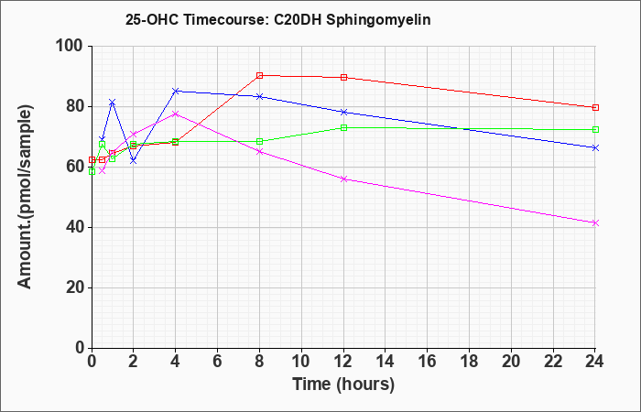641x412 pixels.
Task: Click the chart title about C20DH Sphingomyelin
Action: click(278, 19)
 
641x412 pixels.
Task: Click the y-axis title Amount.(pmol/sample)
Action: click(26, 197)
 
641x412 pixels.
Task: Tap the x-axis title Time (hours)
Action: click(343, 385)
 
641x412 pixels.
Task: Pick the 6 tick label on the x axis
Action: click(218, 362)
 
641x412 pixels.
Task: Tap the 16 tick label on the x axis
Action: click(428, 362)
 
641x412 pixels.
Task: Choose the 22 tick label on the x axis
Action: click(553, 362)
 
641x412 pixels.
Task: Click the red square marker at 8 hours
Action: click(259, 76)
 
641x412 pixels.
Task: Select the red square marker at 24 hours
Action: click(595, 107)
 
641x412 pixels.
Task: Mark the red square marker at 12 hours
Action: click(343, 77)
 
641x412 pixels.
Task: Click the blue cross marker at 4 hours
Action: click(176, 91)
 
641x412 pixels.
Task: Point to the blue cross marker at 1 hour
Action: click(113, 102)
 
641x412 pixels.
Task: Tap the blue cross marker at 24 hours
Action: click(595, 147)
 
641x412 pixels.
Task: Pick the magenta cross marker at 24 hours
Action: click(595, 222)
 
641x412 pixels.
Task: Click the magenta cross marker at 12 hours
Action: click(343, 179)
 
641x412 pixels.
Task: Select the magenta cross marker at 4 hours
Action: click(176, 114)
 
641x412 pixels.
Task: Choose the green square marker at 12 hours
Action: click(343, 128)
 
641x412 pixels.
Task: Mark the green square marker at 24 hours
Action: click(595, 130)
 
